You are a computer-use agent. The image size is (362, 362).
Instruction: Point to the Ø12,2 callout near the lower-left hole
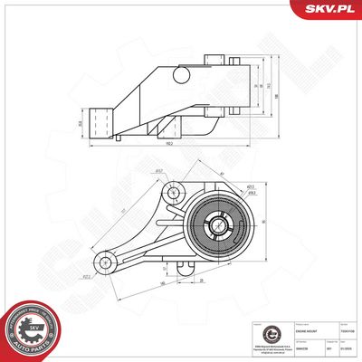point(87,277)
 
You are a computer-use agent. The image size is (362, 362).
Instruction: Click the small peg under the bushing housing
point(185,269)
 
